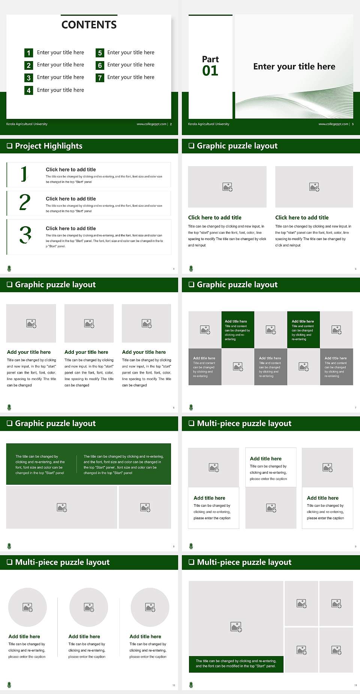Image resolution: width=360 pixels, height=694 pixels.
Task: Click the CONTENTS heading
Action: pyautogui.click(x=89, y=25)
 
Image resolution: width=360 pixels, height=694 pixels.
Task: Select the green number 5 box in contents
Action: pyautogui.click(x=100, y=53)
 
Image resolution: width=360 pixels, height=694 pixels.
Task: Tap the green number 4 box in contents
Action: pyautogui.click(x=28, y=90)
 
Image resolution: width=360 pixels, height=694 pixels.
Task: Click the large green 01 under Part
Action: pyautogui.click(x=210, y=71)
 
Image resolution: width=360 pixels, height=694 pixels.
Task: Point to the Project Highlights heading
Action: pyautogui.click(x=48, y=146)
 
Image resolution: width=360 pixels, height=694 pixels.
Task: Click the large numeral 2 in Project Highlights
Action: pyautogui.click(x=25, y=202)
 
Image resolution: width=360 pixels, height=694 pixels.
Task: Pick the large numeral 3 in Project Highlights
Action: pyautogui.click(x=25, y=235)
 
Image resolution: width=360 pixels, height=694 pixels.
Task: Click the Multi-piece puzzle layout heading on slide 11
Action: pyautogui.click(x=244, y=562)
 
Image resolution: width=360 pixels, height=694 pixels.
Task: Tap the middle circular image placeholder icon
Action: pyautogui.click(x=89, y=607)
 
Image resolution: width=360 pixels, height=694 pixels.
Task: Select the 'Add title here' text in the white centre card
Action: pyautogui.click(x=265, y=458)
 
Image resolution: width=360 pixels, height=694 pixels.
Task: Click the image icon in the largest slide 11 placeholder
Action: pyautogui.click(x=236, y=626)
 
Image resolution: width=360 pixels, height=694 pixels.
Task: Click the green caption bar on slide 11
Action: pyautogui.click(x=236, y=664)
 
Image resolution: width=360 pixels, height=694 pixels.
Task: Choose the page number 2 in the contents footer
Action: pyautogui.click(x=171, y=124)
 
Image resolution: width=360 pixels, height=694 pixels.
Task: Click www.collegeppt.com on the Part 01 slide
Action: pyautogui.click(x=333, y=124)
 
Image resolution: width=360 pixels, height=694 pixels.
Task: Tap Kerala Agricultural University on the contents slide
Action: pyautogui.click(x=27, y=124)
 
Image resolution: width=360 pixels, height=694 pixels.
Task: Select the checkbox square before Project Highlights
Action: pyautogui.click(x=10, y=146)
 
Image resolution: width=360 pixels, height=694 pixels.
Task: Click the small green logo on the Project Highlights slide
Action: pyautogui.click(x=9, y=268)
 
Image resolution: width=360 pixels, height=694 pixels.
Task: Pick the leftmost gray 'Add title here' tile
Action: pyautogui.click(x=205, y=367)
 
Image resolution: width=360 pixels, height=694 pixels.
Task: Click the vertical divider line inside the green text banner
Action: pyautogui.click(x=77, y=464)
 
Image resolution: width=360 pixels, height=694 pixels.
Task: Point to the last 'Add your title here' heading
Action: pyautogui.click(x=144, y=352)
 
